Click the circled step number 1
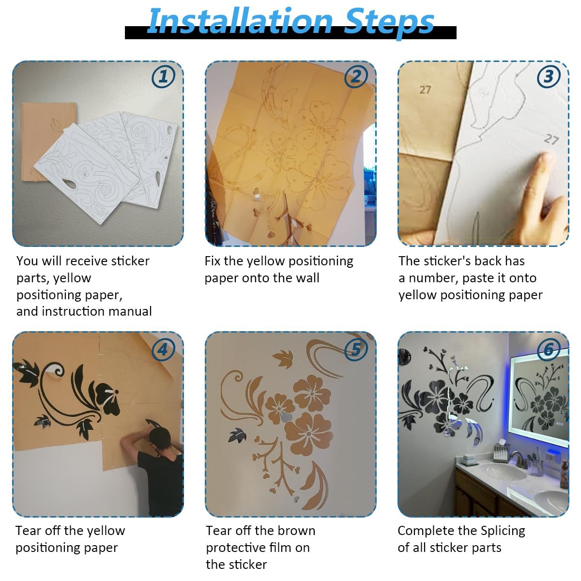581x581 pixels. (x=163, y=76)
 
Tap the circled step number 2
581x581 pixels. (x=356, y=76)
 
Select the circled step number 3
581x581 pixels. (x=549, y=76)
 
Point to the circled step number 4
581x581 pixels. (x=163, y=350)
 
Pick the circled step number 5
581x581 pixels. (x=356, y=350)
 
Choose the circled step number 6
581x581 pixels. (x=549, y=350)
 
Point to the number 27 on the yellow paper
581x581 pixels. (x=425, y=90)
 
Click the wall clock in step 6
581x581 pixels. (x=404, y=357)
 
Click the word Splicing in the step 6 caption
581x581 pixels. (x=503, y=531)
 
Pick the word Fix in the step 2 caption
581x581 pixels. (x=212, y=261)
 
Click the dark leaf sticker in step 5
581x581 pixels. (x=238, y=436)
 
